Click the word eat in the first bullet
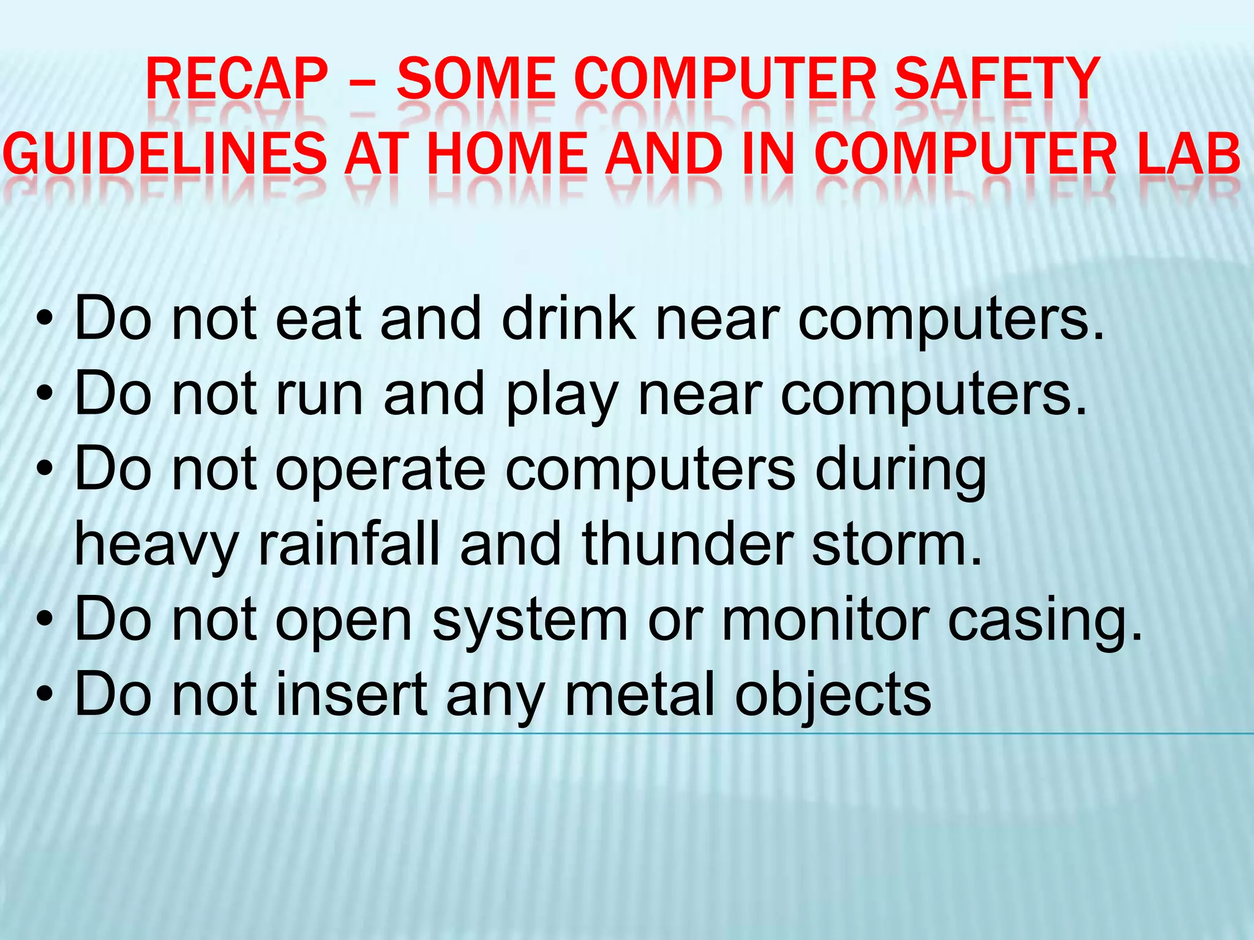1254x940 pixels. pos(318,318)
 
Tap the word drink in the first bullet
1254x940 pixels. pos(568,318)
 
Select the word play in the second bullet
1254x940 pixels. pos(562,395)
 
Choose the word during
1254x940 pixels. pos(901,470)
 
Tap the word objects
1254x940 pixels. pos(833,695)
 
